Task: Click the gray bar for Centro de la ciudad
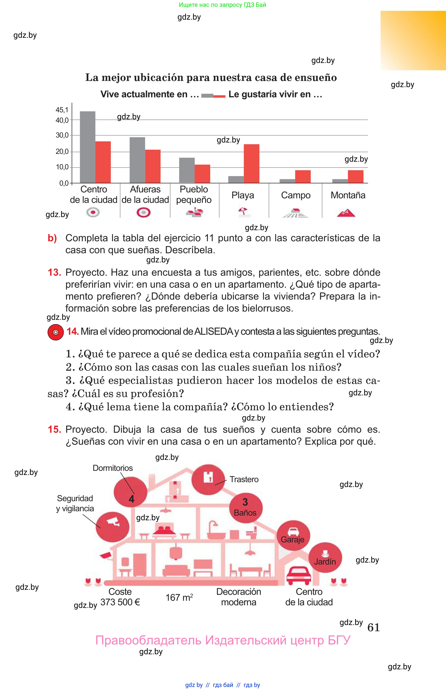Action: [87, 147]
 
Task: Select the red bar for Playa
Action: [251, 163]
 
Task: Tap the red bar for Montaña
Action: [355, 177]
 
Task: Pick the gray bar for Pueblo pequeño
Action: [187, 170]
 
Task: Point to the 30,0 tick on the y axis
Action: [62, 135]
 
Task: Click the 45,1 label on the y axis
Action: [62, 110]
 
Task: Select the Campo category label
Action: [296, 195]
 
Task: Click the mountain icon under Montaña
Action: [346, 213]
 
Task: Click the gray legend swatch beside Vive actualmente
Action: [207, 96]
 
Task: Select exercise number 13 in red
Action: [54, 272]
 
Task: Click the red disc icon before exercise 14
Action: [56, 332]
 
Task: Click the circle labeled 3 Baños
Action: [246, 508]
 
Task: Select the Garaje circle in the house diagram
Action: [293, 535]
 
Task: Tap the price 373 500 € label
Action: [120, 602]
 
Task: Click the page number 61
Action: [373, 627]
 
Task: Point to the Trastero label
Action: [244, 479]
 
